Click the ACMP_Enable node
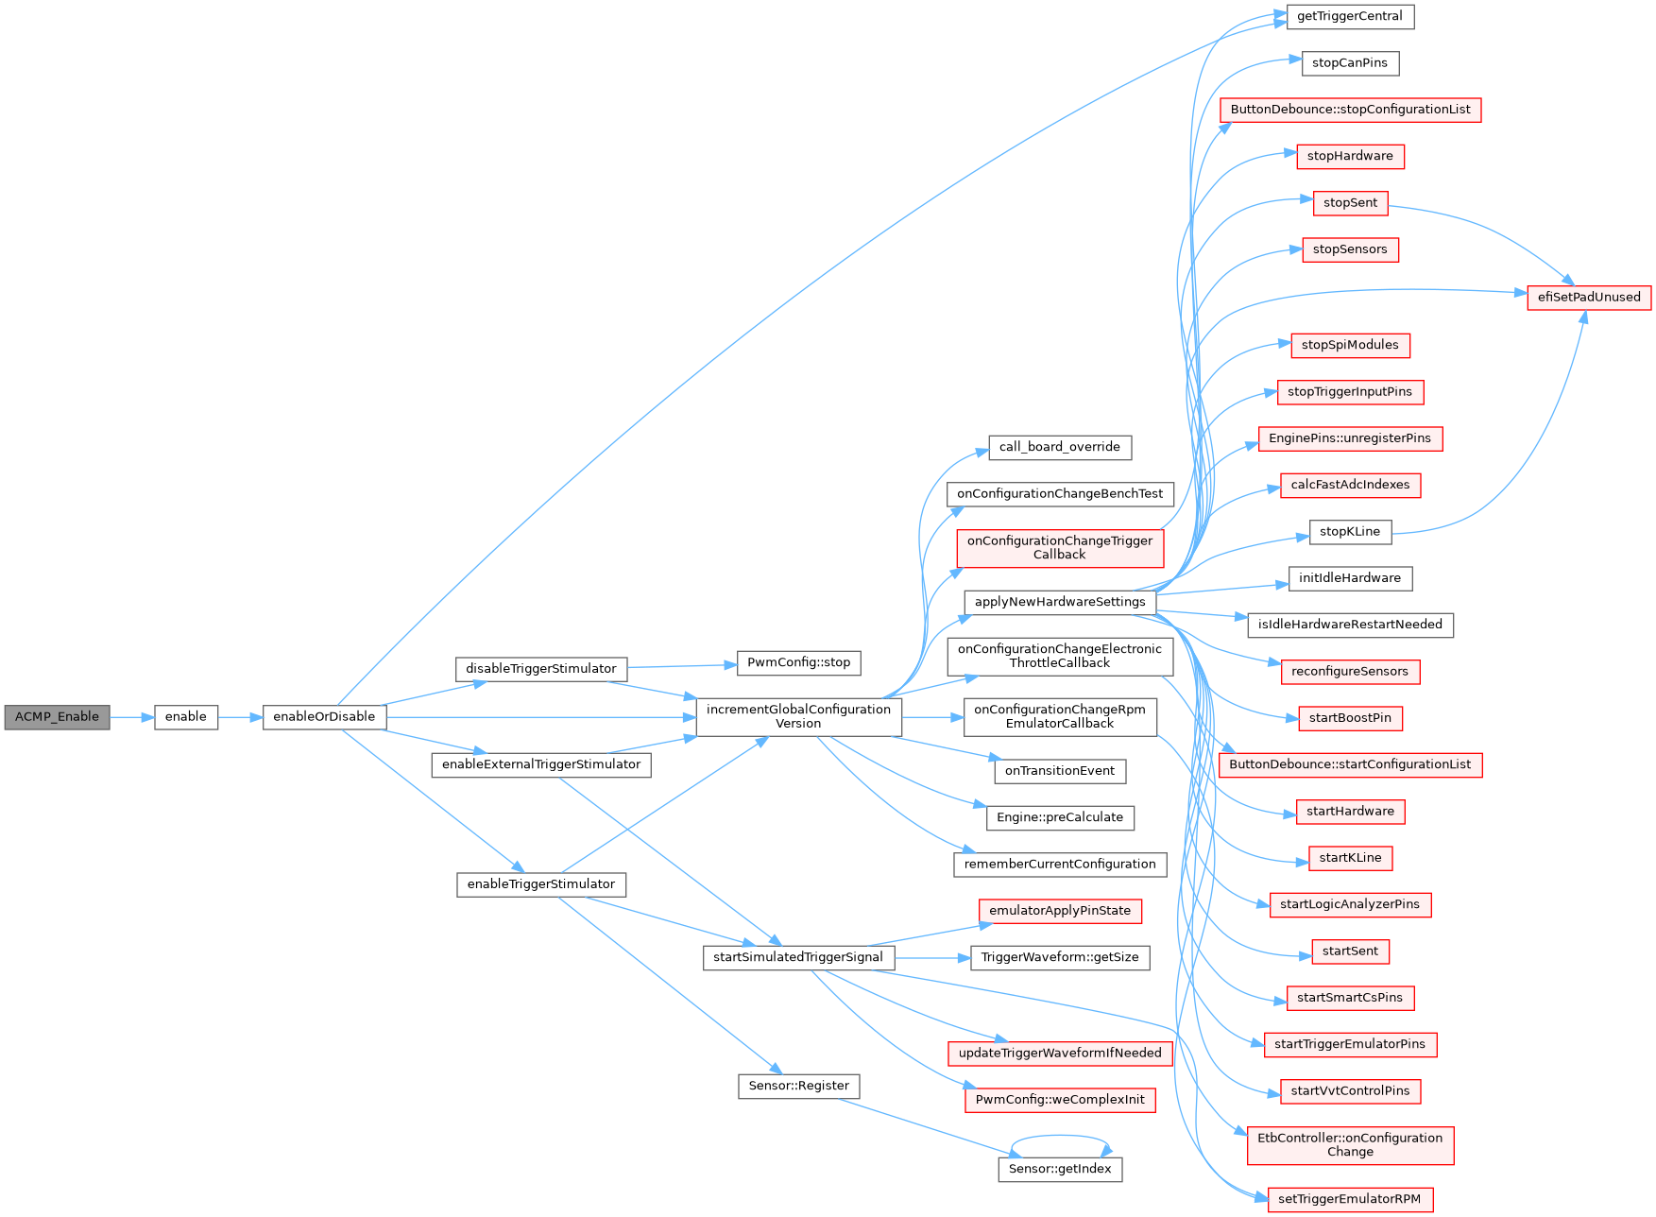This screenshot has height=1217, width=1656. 57,717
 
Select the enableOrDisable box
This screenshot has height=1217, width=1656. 324,717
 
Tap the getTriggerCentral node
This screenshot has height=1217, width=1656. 1350,17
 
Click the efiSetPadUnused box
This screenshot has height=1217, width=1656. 1589,298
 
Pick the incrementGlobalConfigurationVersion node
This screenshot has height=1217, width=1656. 798,717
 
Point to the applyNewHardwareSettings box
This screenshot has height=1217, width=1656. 1060,602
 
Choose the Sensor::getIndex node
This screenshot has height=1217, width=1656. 1060,1170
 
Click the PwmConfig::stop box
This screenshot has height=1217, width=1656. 798,663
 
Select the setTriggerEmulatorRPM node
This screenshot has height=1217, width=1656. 1349,1200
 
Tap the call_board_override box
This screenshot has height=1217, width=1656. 1060,448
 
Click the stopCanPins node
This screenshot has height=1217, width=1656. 1350,63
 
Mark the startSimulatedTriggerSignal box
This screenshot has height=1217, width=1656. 798,958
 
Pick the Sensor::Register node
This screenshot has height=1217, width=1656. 798,1087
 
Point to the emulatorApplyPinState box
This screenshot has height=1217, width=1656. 1060,912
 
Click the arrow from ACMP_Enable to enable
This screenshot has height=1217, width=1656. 131,717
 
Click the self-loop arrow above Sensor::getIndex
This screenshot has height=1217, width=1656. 1060,1138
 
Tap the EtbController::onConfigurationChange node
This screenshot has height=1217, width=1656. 1350,1145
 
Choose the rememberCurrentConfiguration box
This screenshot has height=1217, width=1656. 1060,865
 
